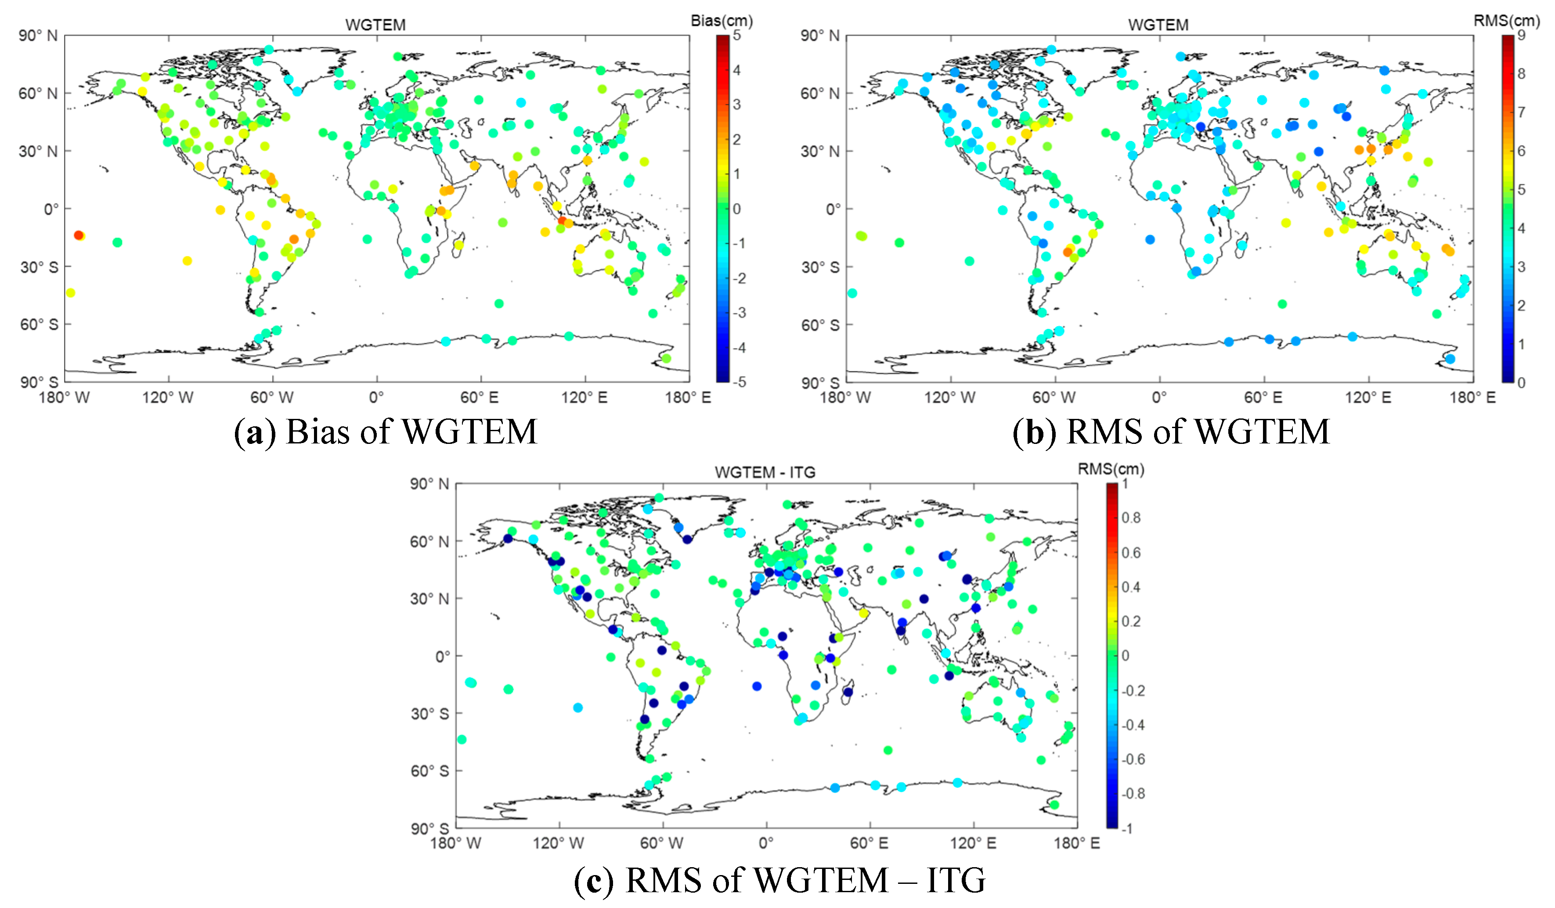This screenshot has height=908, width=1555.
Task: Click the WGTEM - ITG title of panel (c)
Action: pos(765,472)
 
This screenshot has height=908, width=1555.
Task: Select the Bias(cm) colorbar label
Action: pos(722,20)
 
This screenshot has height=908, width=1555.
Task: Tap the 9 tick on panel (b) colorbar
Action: pos(1521,35)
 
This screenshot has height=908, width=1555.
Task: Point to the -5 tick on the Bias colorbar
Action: pos(739,382)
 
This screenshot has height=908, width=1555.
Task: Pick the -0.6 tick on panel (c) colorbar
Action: pos(1132,759)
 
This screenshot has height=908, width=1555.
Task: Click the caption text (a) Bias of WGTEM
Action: pos(386,431)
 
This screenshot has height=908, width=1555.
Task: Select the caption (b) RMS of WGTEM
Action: pos(1171,431)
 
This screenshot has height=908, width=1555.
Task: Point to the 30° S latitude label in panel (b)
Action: pos(820,267)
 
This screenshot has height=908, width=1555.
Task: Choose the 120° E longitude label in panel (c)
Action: pos(973,843)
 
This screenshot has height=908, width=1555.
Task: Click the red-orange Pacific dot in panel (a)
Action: pos(78,235)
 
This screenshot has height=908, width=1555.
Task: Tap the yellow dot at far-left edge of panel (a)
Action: pos(70,292)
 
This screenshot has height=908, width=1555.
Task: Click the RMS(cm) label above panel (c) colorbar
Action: pos(1111,469)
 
